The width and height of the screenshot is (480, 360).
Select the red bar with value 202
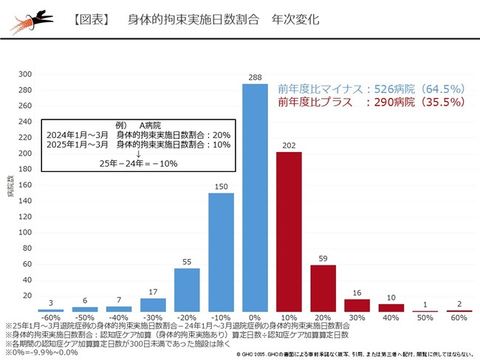tap(289, 232)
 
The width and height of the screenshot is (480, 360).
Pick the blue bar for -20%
tap(187, 290)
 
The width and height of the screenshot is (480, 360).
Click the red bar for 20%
tap(323, 288)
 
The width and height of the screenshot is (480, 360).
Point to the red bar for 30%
tap(357, 305)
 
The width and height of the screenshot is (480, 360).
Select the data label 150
tap(221, 187)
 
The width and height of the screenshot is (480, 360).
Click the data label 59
tap(323, 258)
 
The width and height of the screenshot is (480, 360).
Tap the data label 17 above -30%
tap(153, 291)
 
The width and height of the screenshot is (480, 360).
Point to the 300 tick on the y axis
tap(25, 75)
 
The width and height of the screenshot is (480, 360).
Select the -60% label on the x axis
tap(51, 318)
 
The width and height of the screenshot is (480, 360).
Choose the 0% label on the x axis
tap(255, 318)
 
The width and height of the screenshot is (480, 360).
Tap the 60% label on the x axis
tap(459, 318)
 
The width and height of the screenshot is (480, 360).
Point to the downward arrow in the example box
tap(138, 153)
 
